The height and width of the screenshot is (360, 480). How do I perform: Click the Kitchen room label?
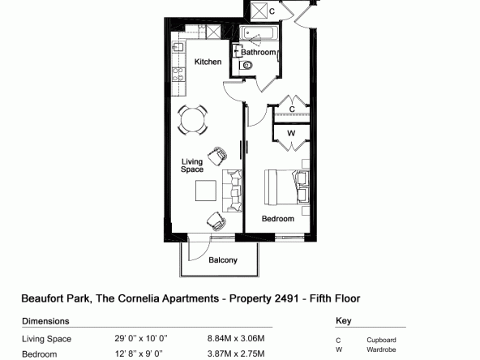[208, 62]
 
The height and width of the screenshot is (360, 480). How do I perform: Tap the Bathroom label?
[259, 53]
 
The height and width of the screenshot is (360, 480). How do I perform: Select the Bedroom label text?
[278, 219]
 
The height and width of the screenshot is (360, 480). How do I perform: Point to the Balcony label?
[223, 260]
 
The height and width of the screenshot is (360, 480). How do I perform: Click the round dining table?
[192, 120]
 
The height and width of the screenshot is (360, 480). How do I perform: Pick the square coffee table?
[206, 191]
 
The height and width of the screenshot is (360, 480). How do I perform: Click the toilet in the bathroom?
[246, 65]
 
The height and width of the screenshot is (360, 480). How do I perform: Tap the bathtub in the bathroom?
[259, 33]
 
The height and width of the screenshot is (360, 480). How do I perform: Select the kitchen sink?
[178, 47]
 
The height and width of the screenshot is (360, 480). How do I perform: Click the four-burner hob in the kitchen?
[178, 75]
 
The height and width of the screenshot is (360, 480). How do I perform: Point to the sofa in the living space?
[232, 191]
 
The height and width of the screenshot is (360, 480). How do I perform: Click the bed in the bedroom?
[287, 187]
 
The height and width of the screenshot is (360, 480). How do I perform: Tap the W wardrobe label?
[291, 133]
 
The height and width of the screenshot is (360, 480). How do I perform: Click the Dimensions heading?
[45, 321]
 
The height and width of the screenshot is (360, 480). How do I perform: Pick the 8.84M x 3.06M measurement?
[236, 339]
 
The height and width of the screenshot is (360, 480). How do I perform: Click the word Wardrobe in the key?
[381, 349]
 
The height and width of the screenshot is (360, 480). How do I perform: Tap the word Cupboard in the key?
[381, 340]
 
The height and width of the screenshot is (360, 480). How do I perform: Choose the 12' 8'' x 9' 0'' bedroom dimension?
[139, 354]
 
